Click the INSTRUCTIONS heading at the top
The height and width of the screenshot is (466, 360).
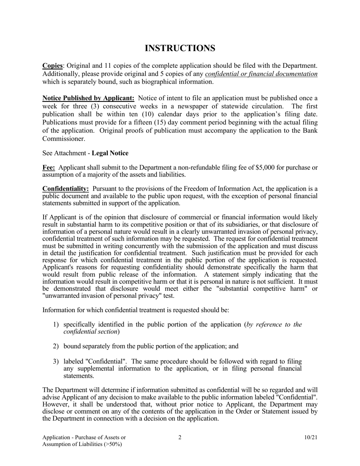pyautogui.click(x=180, y=48)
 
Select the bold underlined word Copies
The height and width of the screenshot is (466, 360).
pyautogui.click(x=52, y=66)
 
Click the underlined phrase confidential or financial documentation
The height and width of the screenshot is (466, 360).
pyautogui.click(x=261, y=74)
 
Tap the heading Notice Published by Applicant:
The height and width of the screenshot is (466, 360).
pyautogui.click(x=88, y=99)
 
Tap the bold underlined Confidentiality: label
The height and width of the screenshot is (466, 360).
pyautogui.click(x=66, y=189)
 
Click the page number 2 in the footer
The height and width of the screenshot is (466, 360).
pyautogui.click(x=180, y=438)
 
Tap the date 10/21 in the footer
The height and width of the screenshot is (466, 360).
pyautogui.click(x=311, y=438)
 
